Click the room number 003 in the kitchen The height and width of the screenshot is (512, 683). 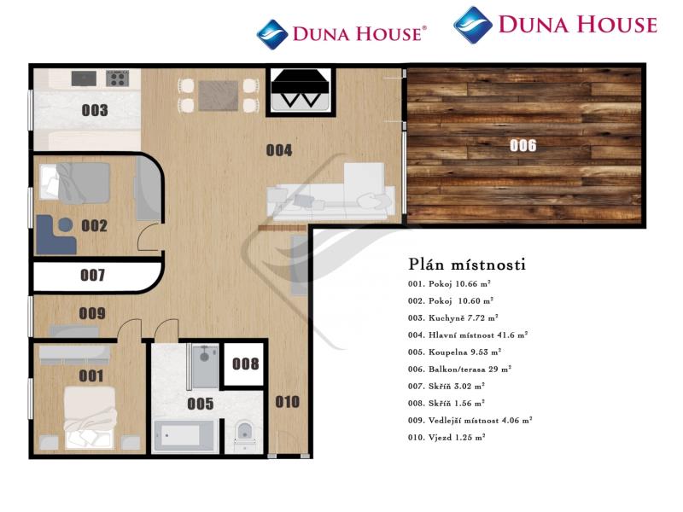(x=95, y=110)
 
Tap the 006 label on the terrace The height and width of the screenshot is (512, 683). (x=522, y=145)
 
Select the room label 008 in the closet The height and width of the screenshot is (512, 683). (x=245, y=364)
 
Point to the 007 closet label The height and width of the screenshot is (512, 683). (x=93, y=275)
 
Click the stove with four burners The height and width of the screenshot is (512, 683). (x=118, y=79)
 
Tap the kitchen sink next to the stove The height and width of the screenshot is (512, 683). (x=84, y=79)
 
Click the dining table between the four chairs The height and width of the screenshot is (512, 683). (x=219, y=96)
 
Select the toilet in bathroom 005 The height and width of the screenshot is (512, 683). (x=244, y=433)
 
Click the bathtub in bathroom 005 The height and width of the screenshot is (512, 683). (x=184, y=436)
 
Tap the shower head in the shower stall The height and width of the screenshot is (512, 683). (x=204, y=357)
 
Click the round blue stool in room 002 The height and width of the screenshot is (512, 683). (x=66, y=224)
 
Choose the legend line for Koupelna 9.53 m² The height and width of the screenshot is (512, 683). (x=454, y=352)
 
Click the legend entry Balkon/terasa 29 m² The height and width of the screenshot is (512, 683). (x=459, y=369)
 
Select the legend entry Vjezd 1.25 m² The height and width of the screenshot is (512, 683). (x=447, y=437)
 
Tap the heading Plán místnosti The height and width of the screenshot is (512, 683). (x=467, y=264)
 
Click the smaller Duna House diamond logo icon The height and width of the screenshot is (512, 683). (x=272, y=34)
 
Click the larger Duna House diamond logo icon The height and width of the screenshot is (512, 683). (x=473, y=25)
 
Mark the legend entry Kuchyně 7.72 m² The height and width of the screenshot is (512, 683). (x=453, y=317)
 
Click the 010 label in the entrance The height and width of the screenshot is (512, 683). (x=288, y=401)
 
